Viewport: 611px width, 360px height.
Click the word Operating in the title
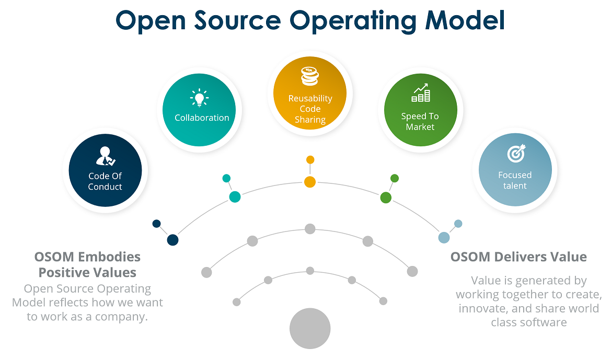(x=353, y=21)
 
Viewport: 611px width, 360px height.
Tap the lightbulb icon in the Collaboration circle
(x=199, y=98)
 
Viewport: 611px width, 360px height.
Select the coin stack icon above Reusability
(x=310, y=77)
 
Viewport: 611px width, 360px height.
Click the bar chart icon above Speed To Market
(x=420, y=94)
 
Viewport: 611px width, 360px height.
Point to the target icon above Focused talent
(x=516, y=154)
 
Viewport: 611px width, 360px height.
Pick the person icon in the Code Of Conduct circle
(x=105, y=155)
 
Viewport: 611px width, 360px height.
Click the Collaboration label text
(x=202, y=118)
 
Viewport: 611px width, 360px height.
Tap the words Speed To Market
(x=420, y=122)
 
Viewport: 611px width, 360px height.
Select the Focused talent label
(x=515, y=180)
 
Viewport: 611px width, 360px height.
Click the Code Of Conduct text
(x=105, y=181)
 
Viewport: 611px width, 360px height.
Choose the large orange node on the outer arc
(x=310, y=182)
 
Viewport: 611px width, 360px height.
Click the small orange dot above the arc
(x=310, y=159)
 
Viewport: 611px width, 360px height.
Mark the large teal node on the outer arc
(x=235, y=197)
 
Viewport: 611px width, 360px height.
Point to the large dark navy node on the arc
(x=172, y=240)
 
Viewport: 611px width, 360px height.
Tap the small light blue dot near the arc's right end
(x=458, y=224)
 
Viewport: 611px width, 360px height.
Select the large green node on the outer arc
(x=386, y=198)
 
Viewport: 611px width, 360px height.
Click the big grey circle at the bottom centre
(x=310, y=329)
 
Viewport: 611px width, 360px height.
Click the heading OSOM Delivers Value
(x=518, y=257)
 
